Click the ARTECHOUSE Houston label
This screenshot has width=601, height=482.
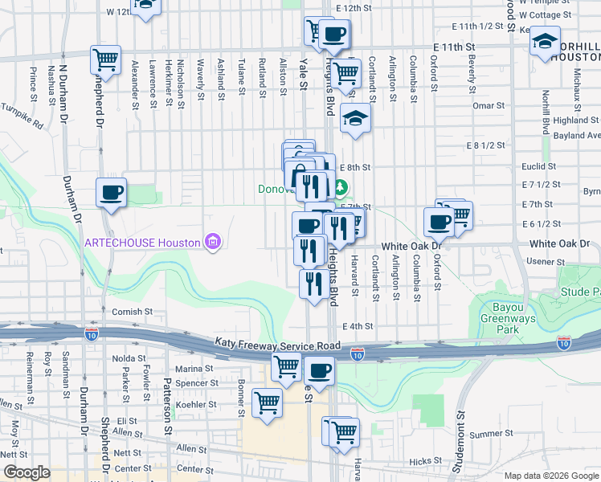coord(143,243)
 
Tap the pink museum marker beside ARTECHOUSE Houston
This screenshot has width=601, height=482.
coord(212,242)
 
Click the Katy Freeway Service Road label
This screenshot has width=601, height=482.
coord(277,343)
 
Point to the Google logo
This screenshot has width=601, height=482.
coord(27,472)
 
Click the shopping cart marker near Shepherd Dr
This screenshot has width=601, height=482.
coord(105,59)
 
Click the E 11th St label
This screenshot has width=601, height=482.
coord(452,48)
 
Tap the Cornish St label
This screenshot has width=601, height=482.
coord(133,312)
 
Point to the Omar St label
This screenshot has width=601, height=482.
coord(489,105)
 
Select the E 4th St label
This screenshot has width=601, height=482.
coord(358,326)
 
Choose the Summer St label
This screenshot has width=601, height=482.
coord(486,434)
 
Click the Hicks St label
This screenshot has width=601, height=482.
coord(421,462)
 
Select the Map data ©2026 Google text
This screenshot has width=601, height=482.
coord(550,476)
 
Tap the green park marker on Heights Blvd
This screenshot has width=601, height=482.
coord(340,189)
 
